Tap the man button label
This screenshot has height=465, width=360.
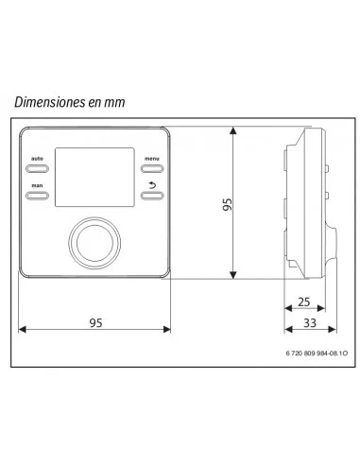pos(37,185)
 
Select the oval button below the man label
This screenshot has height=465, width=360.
pos(37,197)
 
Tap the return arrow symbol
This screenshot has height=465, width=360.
pos(151,184)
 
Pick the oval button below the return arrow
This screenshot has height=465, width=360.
pos(151,197)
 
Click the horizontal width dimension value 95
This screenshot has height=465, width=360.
pos(94,321)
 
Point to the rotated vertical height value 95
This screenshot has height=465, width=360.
pos(226,204)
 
